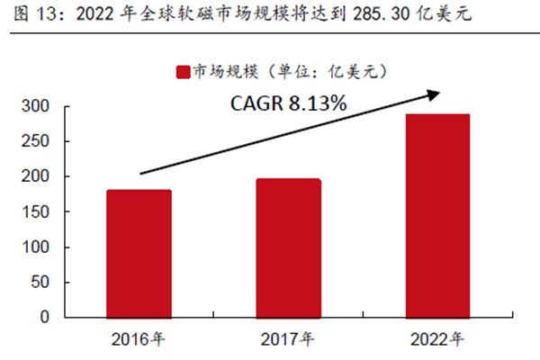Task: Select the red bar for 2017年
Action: [x=289, y=247]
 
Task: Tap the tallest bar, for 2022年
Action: [x=438, y=215]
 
